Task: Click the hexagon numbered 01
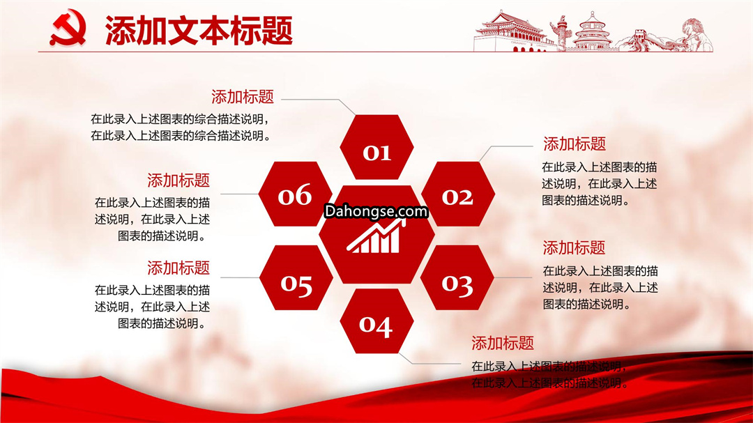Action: [x=376, y=147]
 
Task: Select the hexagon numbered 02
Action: [x=457, y=194]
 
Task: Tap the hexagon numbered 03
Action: [x=457, y=277]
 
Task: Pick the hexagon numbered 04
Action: [x=376, y=321]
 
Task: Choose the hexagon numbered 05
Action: [x=296, y=277]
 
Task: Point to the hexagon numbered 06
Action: [x=296, y=194]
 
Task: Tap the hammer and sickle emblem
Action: [x=68, y=29]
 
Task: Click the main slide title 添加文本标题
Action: [x=199, y=30]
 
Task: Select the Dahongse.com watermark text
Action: [x=376, y=211]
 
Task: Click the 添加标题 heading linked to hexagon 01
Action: [x=243, y=97]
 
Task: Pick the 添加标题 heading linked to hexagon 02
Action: [x=575, y=144]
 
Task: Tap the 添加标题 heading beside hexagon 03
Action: [x=574, y=248]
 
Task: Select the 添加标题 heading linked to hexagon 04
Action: [x=502, y=343]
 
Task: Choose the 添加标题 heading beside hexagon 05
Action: [x=178, y=268]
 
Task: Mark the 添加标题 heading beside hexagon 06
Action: [x=178, y=180]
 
